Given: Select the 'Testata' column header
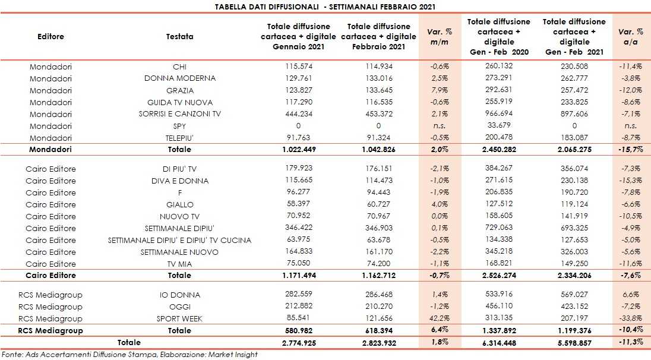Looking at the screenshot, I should pos(179,36).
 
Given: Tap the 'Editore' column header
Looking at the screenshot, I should pos(50,36).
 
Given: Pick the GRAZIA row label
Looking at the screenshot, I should pos(179,90).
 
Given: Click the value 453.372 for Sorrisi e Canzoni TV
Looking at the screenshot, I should pos(378,114).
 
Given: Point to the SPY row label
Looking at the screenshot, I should pos(179,126).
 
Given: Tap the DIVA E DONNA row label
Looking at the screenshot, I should pos(179,181).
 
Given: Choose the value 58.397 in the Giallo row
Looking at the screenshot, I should pos(298,204).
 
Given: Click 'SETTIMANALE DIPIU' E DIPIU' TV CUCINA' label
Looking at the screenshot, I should pos(179,240).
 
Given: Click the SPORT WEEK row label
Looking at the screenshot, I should pos(179,318).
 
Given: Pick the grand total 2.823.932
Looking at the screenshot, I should pos(378,343).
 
